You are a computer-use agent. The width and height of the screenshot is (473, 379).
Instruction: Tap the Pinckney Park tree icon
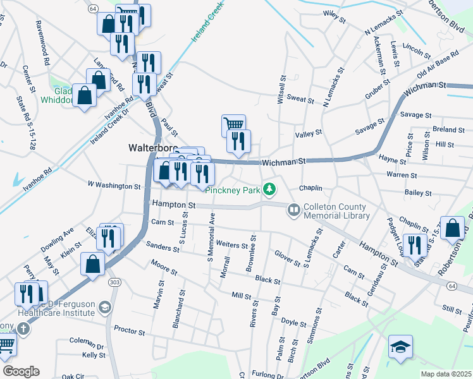(270, 189)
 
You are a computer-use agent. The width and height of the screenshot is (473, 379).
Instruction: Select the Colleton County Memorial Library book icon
(294, 208)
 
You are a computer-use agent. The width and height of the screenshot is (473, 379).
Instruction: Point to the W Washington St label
(114, 186)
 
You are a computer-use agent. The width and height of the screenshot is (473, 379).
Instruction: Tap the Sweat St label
(300, 99)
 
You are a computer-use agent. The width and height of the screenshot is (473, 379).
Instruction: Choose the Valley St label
(309, 133)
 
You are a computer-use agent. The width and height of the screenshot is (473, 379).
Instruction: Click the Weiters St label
(231, 244)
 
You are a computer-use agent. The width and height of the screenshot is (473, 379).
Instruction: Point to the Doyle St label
(293, 323)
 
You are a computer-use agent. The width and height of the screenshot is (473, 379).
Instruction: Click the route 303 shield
(114, 282)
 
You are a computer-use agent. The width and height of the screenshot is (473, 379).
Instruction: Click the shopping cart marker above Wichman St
(233, 125)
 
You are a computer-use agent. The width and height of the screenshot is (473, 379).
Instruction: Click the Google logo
(21, 371)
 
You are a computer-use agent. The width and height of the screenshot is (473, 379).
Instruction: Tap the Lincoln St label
(416, 48)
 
